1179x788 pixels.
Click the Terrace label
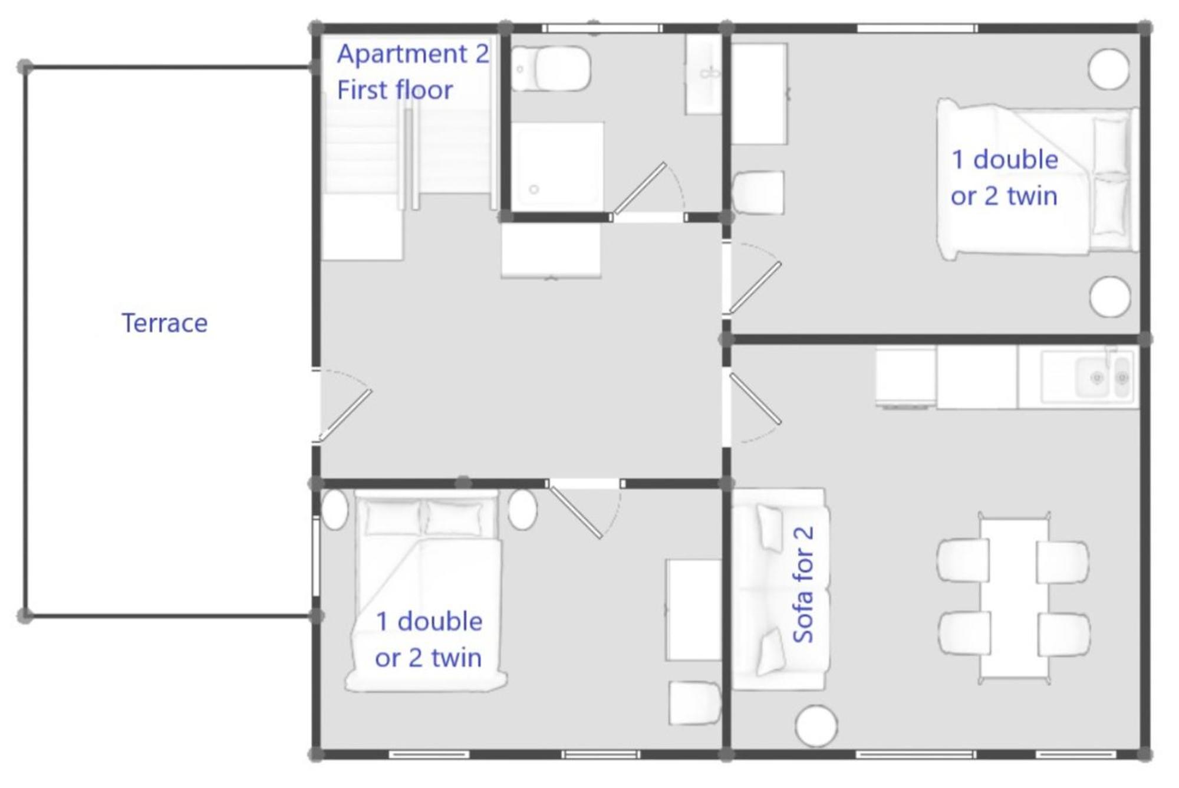pos(164,323)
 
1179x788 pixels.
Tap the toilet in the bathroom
pos(551,69)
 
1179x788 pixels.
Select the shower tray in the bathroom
pos(557,166)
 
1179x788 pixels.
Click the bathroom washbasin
pos(703,74)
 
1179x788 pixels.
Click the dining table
pos(1014,598)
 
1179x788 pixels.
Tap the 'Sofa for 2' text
pos(803,585)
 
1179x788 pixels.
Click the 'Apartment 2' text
pos(413,54)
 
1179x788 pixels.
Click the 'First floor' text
pos(395,90)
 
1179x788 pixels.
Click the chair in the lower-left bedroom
pos(694,702)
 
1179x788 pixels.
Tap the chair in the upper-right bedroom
pos(758,192)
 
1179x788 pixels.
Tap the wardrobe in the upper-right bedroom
pos(760,94)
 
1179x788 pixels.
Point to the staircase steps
pos(407,150)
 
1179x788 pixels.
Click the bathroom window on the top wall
pos(602,28)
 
